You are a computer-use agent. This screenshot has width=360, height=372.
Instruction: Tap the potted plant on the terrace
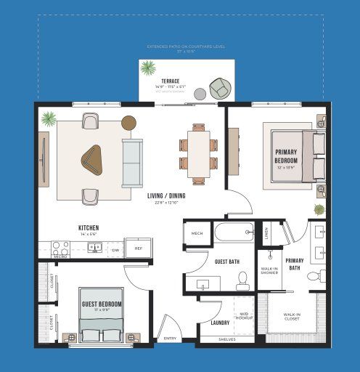tap(148, 68)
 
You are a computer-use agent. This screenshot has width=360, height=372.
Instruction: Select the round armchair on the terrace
tap(220, 88)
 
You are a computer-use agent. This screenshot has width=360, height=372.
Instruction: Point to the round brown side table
tap(129, 123)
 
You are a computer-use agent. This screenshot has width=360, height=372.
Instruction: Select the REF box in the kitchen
tap(139, 248)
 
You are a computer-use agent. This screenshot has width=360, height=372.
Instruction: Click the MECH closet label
tap(197, 233)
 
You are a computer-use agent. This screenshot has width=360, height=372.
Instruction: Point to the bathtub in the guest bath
tap(233, 234)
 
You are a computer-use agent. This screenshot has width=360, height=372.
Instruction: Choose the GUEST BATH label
tap(227, 262)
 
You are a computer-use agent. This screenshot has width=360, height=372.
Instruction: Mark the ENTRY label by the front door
tap(170, 339)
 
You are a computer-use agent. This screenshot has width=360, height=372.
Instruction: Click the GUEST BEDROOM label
tap(102, 304)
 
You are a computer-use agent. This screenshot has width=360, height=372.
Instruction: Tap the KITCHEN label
tap(89, 228)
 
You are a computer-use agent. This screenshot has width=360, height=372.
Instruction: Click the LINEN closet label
tap(267, 234)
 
